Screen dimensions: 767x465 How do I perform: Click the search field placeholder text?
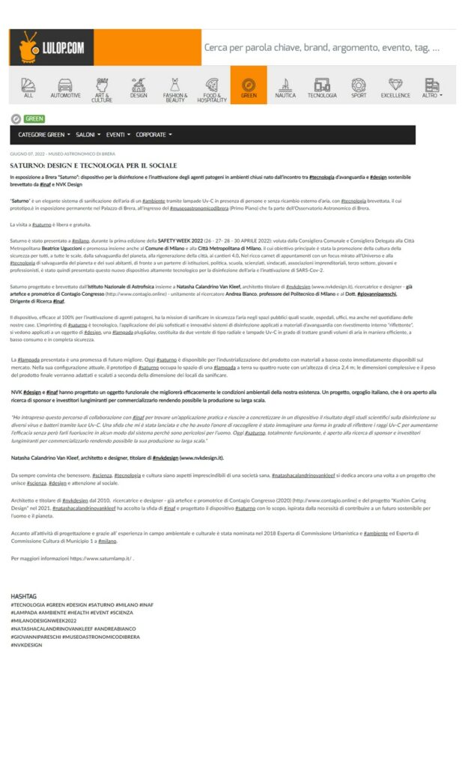click(x=322, y=48)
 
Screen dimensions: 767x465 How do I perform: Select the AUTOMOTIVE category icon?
click(x=65, y=88)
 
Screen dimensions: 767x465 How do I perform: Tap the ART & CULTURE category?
click(x=102, y=88)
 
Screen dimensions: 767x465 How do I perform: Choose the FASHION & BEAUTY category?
click(x=175, y=88)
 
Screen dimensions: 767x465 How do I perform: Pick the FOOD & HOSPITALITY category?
click(x=212, y=88)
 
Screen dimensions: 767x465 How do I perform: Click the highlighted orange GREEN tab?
click(x=249, y=88)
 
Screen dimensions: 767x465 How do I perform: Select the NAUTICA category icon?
click(x=285, y=88)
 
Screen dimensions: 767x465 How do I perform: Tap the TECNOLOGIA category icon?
click(x=322, y=88)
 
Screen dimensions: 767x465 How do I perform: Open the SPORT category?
click(x=359, y=88)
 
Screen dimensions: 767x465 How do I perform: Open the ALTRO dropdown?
click(x=432, y=88)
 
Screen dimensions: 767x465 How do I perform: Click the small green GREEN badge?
click(x=34, y=118)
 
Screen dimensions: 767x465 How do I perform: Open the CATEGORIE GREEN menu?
click(x=44, y=135)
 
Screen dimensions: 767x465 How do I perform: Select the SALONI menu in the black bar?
click(x=88, y=135)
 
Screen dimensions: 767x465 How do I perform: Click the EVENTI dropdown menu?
click(x=118, y=135)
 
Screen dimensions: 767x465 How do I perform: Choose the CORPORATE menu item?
click(x=154, y=135)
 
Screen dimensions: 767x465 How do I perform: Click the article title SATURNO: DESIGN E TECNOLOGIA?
click(x=94, y=165)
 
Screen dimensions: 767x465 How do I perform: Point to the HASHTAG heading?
click(x=23, y=596)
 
